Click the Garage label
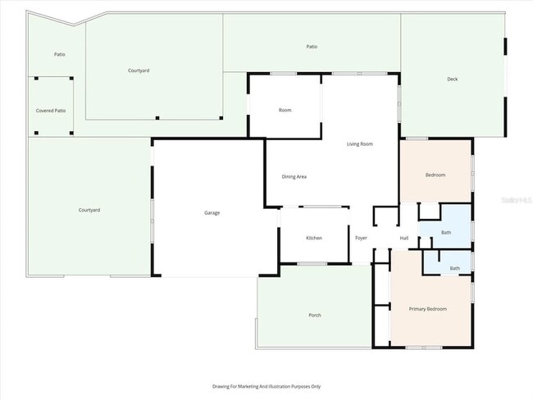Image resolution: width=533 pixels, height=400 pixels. click(212, 213)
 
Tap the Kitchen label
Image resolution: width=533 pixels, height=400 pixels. click(314, 238)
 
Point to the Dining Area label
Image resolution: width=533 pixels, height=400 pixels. click(294, 176)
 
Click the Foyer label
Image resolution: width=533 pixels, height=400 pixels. click(361, 238)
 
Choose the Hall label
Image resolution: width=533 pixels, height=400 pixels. click(404, 238)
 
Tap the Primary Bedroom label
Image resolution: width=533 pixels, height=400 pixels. click(428, 308)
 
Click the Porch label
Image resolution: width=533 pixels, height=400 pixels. click(315, 316)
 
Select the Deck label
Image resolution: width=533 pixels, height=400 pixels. click(452, 80)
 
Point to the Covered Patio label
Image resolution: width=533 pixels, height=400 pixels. click(51, 110)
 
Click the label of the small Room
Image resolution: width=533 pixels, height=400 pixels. click(285, 110)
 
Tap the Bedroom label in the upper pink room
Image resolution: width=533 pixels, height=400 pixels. click(435, 175)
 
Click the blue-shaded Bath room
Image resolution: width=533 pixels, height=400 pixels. click(446, 233)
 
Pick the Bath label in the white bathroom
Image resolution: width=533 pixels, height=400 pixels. click(454, 268)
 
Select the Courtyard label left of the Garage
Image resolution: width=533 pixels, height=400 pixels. click(89, 211)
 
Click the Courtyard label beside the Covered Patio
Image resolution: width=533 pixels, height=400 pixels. click(139, 70)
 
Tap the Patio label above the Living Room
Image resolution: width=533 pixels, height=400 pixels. click(312, 47)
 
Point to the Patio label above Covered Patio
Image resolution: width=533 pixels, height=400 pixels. click(60, 54)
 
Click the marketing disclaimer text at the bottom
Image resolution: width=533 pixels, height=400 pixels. click(266, 386)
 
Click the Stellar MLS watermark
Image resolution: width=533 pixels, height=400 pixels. click(517, 199)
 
